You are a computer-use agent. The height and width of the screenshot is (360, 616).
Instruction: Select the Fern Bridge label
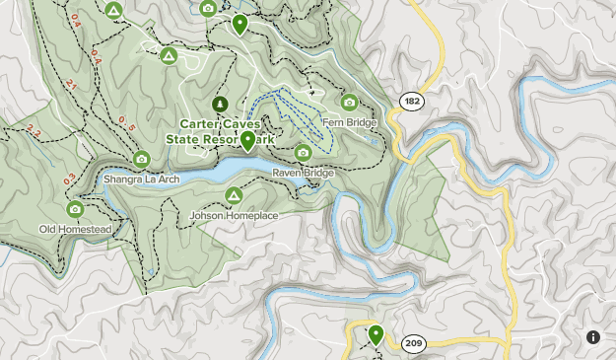(x=357, y=122)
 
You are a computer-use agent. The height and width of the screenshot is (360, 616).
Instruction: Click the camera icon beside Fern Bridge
(x=349, y=102)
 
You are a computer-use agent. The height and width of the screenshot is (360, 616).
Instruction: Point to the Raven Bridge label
(x=304, y=173)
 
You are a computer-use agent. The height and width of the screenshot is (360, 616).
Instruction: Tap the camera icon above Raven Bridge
(x=304, y=153)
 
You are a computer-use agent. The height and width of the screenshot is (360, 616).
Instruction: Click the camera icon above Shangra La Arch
(x=141, y=159)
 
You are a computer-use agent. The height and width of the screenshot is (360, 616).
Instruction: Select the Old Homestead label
(x=75, y=229)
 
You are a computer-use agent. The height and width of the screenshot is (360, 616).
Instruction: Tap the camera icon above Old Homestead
(x=75, y=209)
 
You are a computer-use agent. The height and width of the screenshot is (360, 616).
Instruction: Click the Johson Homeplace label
(x=234, y=215)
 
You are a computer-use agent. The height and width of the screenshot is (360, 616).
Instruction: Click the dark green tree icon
(x=219, y=103)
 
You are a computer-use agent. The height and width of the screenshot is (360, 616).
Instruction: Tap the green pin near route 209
(x=376, y=335)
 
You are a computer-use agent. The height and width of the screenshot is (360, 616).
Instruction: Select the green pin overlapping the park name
(x=248, y=141)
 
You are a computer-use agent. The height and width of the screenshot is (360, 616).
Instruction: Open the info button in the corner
(x=593, y=337)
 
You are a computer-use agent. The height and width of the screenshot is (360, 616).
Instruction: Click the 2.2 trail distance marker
(x=34, y=131)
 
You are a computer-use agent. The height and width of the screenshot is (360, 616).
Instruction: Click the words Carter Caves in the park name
(x=220, y=124)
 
